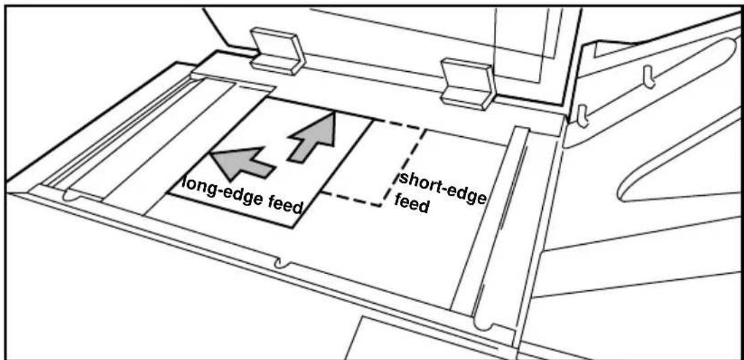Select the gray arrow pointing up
[314, 137]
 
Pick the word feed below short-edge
[412, 205]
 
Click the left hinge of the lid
[278, 51]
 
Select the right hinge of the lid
[468, 83]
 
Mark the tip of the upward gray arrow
[335, 112]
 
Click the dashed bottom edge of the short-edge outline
[352, 200]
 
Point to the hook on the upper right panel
[648, 77]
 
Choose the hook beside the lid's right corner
[582, 117]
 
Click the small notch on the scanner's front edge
[281, 262]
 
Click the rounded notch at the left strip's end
[70, 195]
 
